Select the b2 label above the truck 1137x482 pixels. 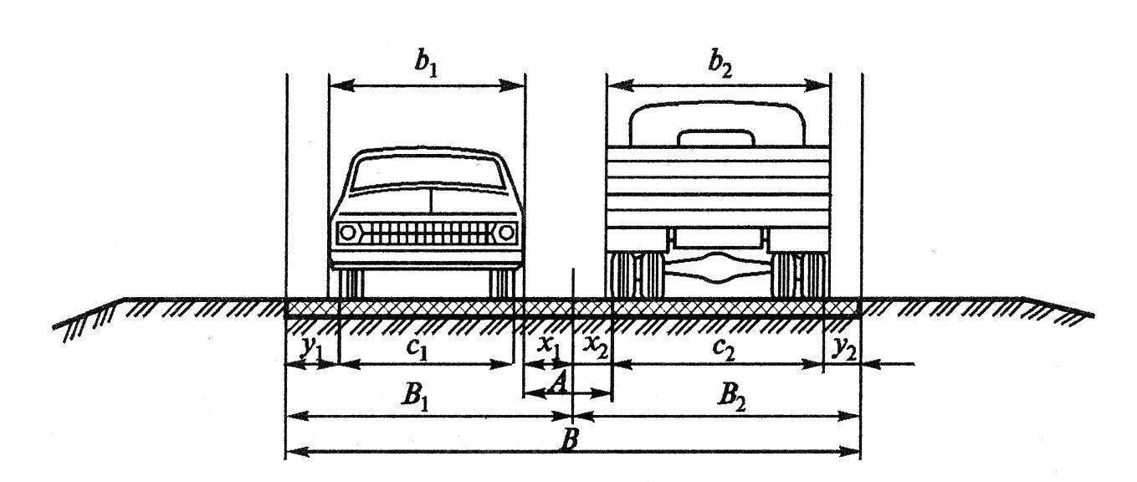point(718,64)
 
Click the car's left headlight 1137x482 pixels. point(348,231)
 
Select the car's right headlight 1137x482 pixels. point(504,231)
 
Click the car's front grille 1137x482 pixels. point(427,232)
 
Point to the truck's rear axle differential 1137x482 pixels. point(718,271)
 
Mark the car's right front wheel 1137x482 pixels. point(502,283)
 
